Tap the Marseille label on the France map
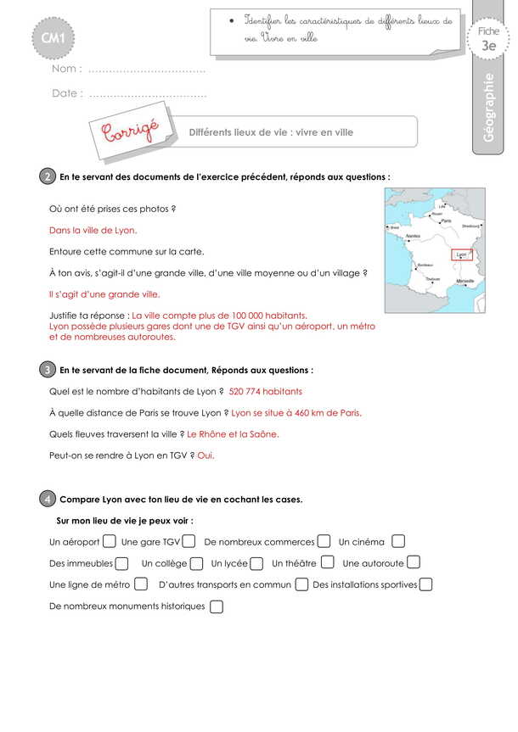(x=465, y=280)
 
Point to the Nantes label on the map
(x=413, y=236)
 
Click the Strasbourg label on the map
(x=470, y=226)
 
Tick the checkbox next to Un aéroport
(x=109, y=540)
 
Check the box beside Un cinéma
(x=398, y=540)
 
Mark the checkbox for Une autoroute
(x=413, y=562)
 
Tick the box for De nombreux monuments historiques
(x=216, y=606)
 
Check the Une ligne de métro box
(x=141, y=584)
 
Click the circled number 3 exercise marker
(x=47, y=370)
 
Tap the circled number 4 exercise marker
(x=47, y=499)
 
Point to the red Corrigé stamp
(x=130, y=131)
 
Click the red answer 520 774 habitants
(x=265, y=391)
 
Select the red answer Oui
(x=206, y=455)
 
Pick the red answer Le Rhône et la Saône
(x=233, y=434)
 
